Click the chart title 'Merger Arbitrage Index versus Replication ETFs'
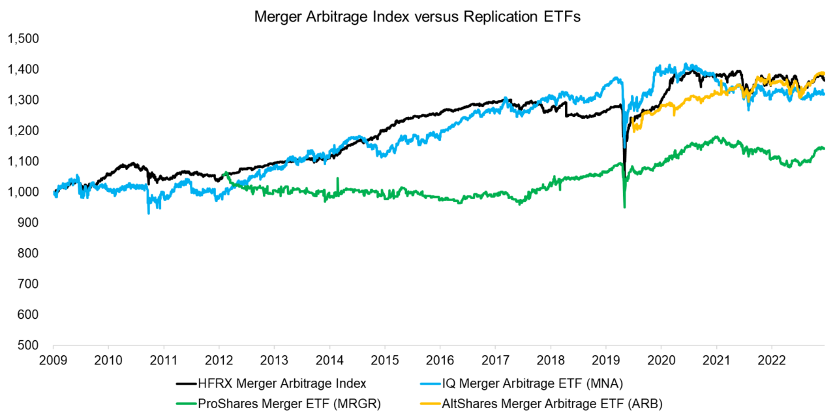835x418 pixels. (417, 18)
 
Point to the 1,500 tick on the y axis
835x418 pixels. (23, 39)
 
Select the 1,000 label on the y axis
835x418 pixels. (23, 192)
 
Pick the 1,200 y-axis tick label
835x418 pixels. (23, 131)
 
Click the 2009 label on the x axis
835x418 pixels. (53, 359)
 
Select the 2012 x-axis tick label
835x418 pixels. (219, 359)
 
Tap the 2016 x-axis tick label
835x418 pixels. (440, 359)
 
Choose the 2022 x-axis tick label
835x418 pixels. (772, 359)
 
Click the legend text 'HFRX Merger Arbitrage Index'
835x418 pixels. (279, 383)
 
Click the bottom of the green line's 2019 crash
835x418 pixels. (624, 207)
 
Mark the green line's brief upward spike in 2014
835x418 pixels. (337, 178)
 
